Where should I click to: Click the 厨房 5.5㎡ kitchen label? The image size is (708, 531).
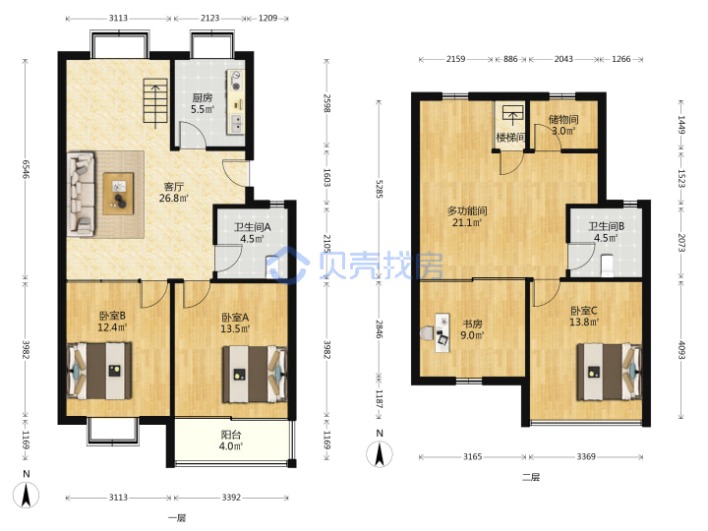pos(202,103)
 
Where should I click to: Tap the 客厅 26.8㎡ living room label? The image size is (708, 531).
pos(174,192)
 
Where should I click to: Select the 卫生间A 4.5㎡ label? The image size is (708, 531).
pos(252,232)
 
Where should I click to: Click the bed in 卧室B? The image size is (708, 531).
pos(99,371)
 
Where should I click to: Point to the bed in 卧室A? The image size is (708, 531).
pos(255,374)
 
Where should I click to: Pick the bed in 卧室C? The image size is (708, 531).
pos(609,372)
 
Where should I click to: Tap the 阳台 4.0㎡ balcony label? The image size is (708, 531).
pos(231,441)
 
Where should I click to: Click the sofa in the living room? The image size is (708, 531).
pos(82,194)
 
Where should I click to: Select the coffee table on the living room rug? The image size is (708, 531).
pos(118,194)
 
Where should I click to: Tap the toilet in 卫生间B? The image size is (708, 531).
pos(608,265)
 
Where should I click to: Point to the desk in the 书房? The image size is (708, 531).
pos(442,332)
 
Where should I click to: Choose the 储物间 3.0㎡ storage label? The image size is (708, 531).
pos(563,125)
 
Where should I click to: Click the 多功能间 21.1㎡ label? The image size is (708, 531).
pos(467,216)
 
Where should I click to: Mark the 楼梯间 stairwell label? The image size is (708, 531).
pos(510,137)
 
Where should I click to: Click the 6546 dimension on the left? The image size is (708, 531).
pos(26,169)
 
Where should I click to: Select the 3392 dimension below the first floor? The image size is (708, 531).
pos(231,498)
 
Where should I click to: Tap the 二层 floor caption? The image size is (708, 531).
pos(531,477)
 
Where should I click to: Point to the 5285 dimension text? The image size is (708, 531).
pos(380,189)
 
